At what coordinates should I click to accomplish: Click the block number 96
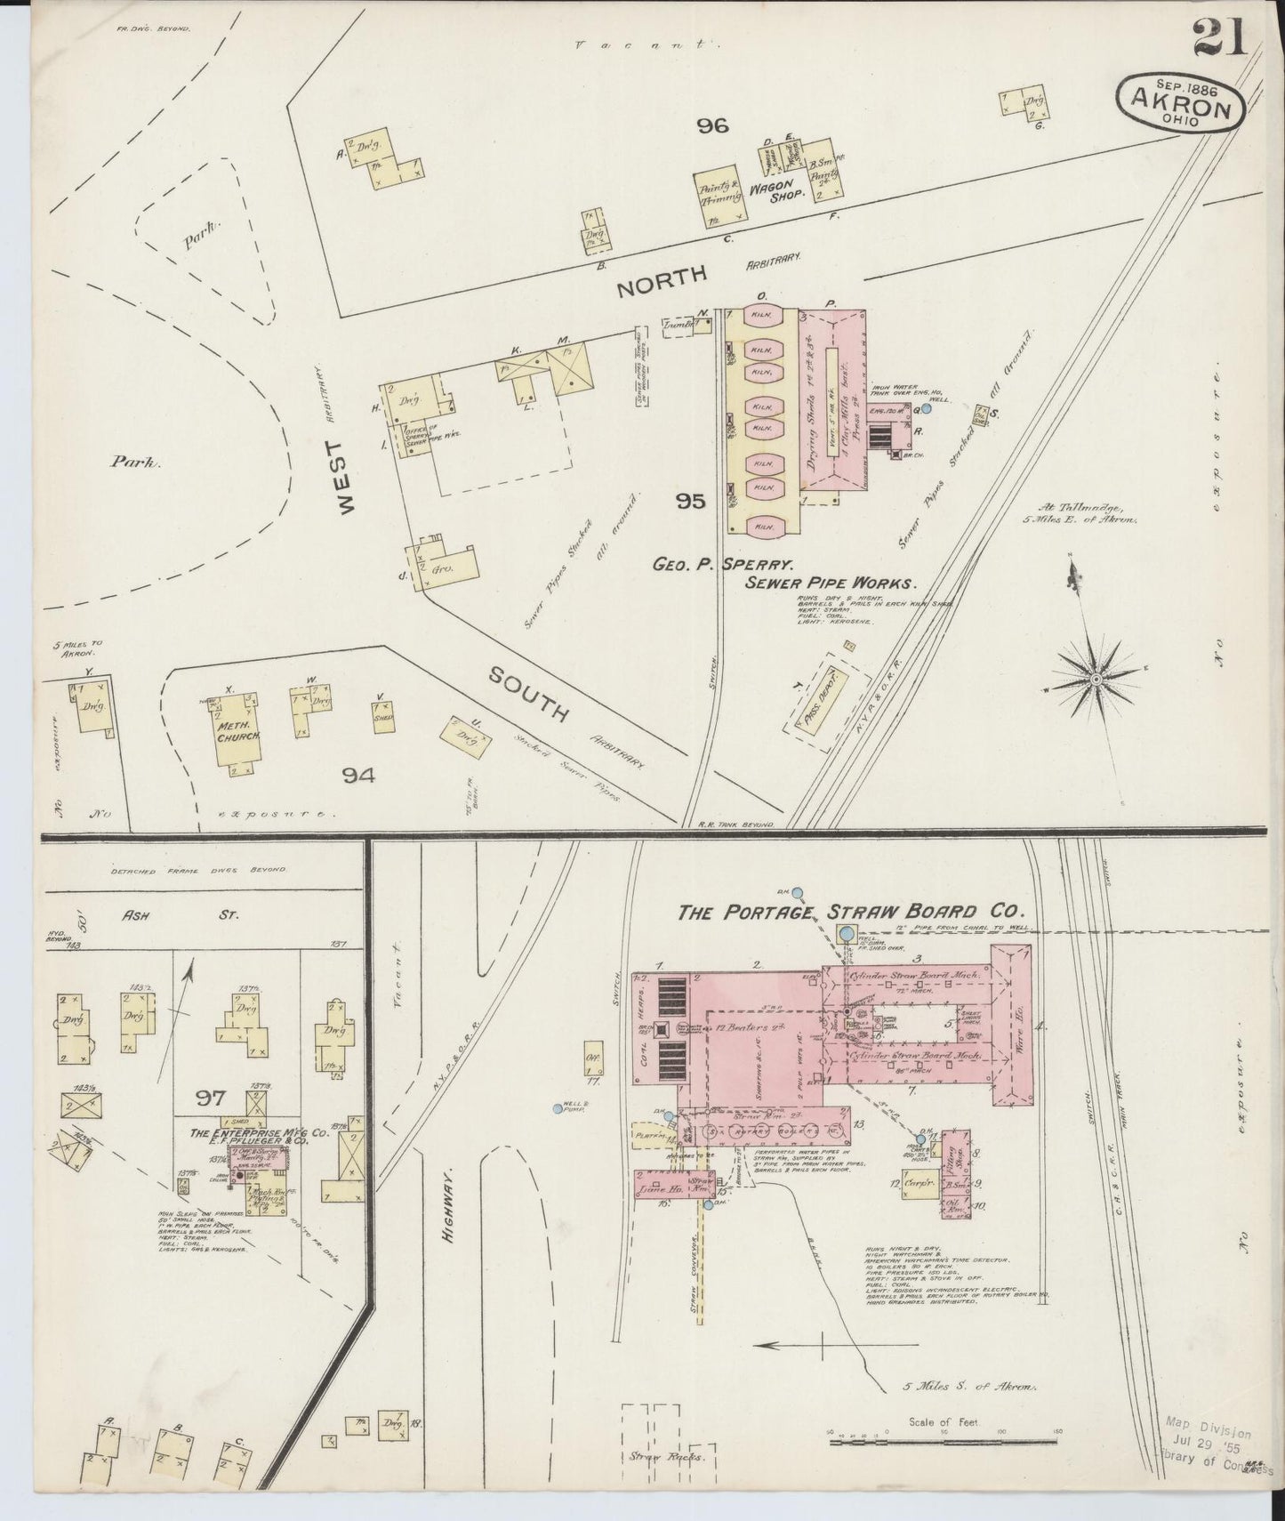712,126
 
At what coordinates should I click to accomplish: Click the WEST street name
345,478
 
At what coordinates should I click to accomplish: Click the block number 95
689,502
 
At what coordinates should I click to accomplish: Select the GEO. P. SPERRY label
724,563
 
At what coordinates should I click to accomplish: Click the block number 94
358,776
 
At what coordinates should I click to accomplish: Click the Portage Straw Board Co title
851,912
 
